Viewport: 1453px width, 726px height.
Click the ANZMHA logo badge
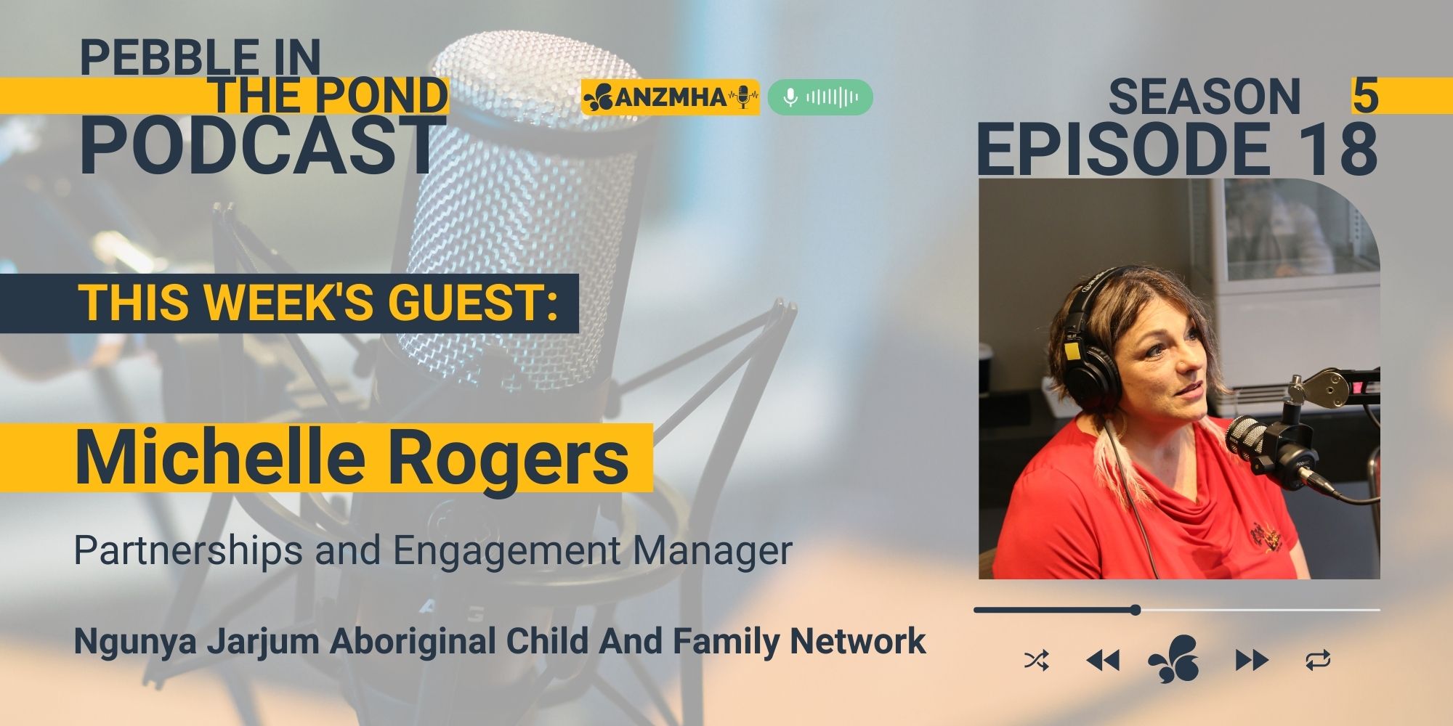tap(670, 97)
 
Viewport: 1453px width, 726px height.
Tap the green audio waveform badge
tap(820, 97)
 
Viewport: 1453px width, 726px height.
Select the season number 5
tap(1365, 96)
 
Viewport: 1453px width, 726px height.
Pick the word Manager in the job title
tap(712, 550)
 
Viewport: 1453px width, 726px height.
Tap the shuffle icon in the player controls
tap(1036, 661)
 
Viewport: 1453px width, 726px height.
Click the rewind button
tap(1102, 661)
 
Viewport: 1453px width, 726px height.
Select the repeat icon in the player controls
tap(1318, 661)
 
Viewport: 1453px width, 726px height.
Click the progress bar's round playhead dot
tap(1136, 610)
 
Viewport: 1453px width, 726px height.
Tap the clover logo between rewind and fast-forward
tap(1173, 658)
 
